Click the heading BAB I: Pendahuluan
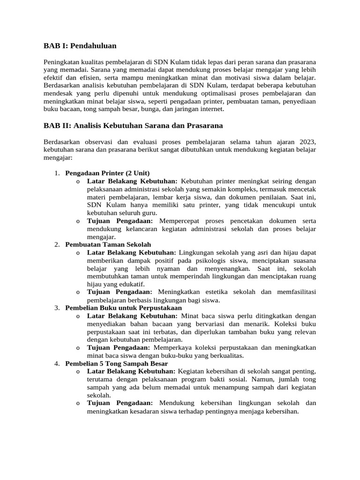click(x=80, y=45)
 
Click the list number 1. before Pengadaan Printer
click(x=57, y=172)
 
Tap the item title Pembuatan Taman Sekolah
click(x=108, y=244)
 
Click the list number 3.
click(x=57, y=308)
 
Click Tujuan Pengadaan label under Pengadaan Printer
click(x=120, y=220)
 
